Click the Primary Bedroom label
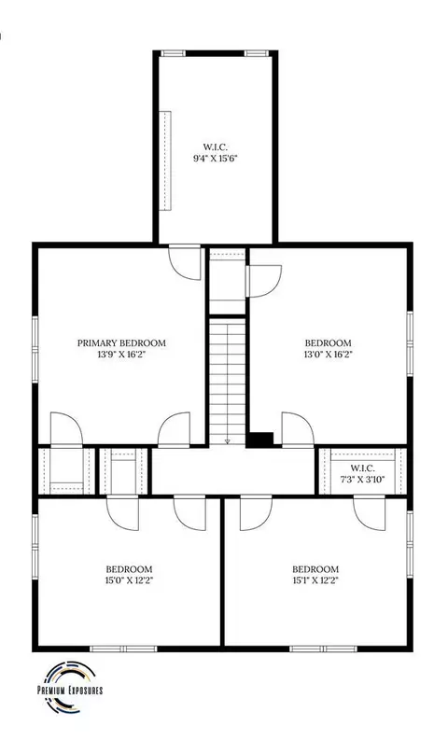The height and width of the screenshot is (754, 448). click(x=121, y=342)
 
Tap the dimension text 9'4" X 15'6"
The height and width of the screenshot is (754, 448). click(x=216, y=159)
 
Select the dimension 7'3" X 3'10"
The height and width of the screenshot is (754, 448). click(x=362, y=479)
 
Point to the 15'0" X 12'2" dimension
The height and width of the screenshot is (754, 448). click(x=129, y=579)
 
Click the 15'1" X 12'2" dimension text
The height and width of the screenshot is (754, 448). click(x=315, y=579)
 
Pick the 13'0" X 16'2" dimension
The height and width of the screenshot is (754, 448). click(x=328, y=355)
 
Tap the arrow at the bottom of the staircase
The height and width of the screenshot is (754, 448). click(x=228, y=441)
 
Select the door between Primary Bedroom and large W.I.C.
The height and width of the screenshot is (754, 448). click(x=185, y=262)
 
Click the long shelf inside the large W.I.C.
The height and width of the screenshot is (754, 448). click(x=165, y=161)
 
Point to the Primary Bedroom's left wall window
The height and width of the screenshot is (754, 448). click(x=35, y=349)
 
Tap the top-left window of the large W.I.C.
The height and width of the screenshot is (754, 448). click(x=173, y=53)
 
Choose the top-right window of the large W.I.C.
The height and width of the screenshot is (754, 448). click(x=256, y=53)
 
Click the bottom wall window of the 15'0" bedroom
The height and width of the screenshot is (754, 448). click(x=124, y=649)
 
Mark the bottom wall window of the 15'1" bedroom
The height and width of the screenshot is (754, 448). click(x=323, y=649)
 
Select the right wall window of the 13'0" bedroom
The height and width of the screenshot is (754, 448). click(x=410, y=343)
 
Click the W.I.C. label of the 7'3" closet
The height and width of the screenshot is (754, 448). click(x=362, y=468)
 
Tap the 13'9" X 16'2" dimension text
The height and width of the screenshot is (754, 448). click(x=121, y=355)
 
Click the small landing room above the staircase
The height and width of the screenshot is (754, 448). click(x=228, y=281)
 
